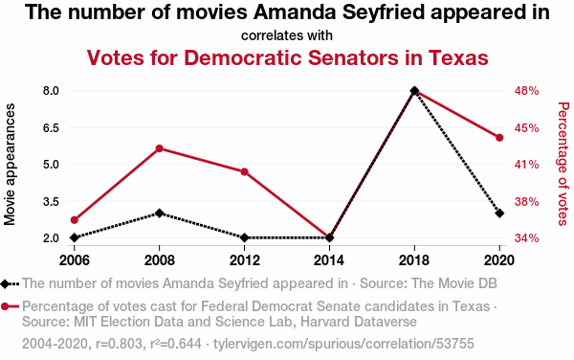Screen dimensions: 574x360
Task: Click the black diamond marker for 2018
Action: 414,90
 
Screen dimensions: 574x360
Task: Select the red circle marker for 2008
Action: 159,148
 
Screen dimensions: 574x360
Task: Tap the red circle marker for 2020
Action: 499,138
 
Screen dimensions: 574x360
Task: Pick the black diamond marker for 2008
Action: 159,213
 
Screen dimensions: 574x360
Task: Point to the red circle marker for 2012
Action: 245,171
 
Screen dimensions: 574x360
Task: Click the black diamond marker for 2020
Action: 499,213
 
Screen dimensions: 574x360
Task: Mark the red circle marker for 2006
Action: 75,220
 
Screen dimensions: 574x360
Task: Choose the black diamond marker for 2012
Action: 245,237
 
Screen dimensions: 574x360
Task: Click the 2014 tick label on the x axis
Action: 329,260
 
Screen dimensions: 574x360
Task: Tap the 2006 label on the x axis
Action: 75,260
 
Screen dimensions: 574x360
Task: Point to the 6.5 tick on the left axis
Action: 51,127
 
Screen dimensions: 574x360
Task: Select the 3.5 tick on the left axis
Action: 51,201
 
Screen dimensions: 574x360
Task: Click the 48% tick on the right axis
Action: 527,91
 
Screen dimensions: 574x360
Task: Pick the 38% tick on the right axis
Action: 527,201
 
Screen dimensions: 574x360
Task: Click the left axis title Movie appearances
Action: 10,164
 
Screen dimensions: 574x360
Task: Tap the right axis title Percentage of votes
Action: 563,164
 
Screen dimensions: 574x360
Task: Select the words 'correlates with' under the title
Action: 287,35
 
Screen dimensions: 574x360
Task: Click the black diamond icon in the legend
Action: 5,283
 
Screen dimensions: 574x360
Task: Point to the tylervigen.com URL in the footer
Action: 343,344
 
